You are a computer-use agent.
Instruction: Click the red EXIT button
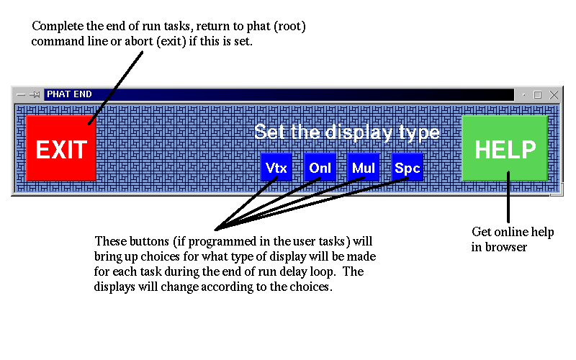(x=61, y=148)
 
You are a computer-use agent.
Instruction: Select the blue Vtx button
(x=276, y=168)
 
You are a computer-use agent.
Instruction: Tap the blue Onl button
(x=320, y=168)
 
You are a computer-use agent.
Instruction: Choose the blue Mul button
(x=364, y=168)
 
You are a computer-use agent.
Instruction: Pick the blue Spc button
(x=407, y=168)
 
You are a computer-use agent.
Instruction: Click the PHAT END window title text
(x=69, y=94)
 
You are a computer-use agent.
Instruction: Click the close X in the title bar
(x=554, y=95)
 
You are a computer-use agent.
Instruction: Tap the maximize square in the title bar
(x=537, y=95)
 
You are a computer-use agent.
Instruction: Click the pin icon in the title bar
(x=35, y=95)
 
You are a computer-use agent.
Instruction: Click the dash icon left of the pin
(x=21, y=95)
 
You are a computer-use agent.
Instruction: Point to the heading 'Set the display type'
(x=347, y=132)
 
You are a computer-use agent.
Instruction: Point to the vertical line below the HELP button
(x=508, y=197)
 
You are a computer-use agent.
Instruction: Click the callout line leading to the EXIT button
(x=115, y=88)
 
